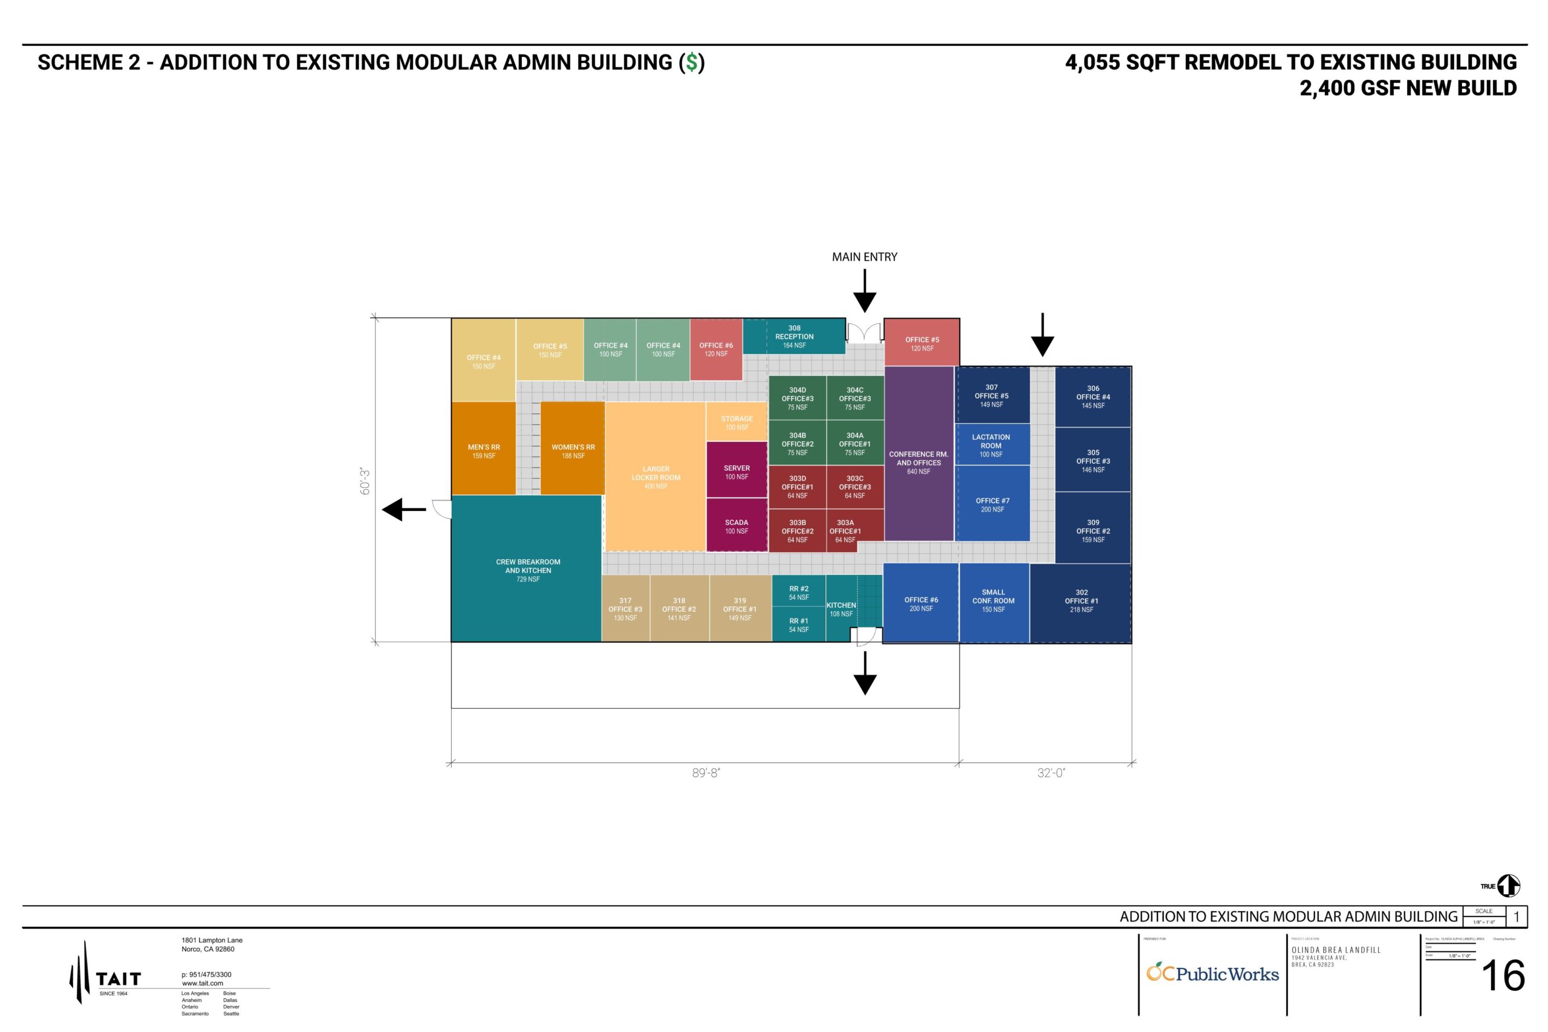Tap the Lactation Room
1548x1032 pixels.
(991, 445)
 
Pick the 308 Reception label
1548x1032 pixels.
(795, 336)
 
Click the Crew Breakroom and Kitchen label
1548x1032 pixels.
(528, 570)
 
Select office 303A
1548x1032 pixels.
(845, 530)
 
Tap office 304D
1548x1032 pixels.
(797, 398)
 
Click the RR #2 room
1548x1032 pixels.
(798, 592)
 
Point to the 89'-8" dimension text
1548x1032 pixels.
(706, 773)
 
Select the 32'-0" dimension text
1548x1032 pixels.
(1051, 773)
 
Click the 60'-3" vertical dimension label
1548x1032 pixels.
(365, 481)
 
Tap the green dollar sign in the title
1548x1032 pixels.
(691, 62)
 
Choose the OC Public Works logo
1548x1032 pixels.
(1212, 973)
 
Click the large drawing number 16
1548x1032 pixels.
(1503, 976)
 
